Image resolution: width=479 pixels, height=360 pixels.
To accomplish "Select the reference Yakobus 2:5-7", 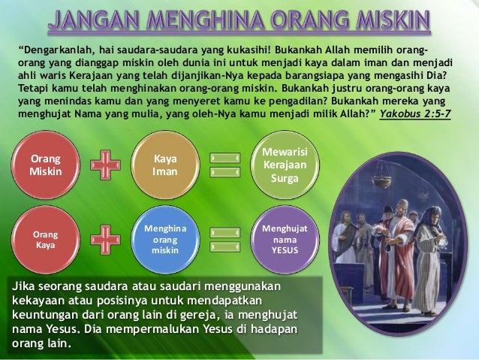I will pyautogui.click(x=420, y=116).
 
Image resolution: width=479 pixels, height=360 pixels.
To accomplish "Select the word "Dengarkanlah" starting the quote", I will pyautogui.click(x=59, y=50).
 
